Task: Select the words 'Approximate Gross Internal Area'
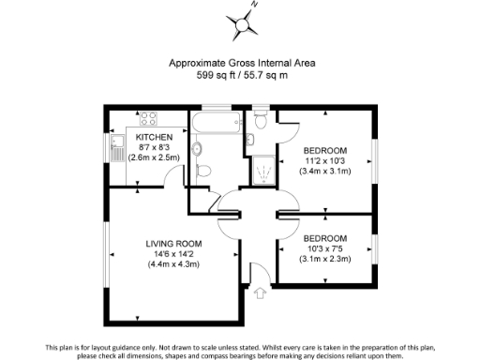click(x=241, y=63)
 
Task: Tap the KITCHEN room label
click(x=152, y=137)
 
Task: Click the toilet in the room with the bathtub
click(x=198, y=149)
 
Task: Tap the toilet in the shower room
click(x=260, y=120)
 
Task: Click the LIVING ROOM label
click(x=170, y=244)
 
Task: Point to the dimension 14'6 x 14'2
click(x=170, y=254)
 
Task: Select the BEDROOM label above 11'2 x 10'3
click(x=325, y=150)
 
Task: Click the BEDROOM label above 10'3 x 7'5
click(x=325, y=238)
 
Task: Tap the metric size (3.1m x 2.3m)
click(x=325, y=259)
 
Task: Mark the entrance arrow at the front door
click(x=260, y=294)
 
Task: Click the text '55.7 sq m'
click(x=270, y=74)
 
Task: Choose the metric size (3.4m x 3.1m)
click(x=325, y=171)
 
